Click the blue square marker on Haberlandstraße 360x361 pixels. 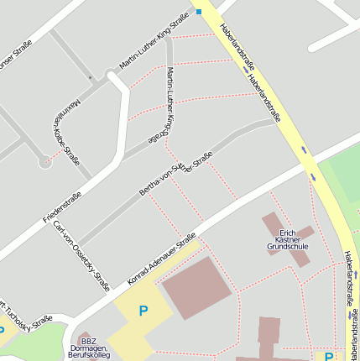[x=199, y=11]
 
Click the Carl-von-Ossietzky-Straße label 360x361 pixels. [x=81, y=256]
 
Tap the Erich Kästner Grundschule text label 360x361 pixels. [x=288, y=240]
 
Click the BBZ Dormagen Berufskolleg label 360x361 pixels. [x=88, y=348]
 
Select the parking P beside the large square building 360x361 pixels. [x=143, y=311]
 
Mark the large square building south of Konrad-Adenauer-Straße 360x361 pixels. [x=196, y=288]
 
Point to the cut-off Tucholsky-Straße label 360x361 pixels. [x=25, y=314]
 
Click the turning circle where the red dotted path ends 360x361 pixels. [x=44, y=162]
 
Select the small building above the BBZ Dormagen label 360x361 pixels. [x=81, y=335]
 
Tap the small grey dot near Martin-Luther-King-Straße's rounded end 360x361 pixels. [x=91, y=78]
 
